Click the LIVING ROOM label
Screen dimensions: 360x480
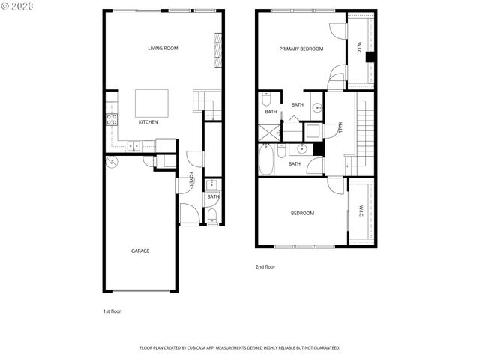click(x=163, y=49)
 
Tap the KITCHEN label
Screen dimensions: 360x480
click(x=148, y=122)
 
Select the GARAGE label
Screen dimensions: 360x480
click(x=140, y=250)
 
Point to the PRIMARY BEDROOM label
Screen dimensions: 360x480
click(x=301, y=49)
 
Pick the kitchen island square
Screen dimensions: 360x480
click(x=151, y=100)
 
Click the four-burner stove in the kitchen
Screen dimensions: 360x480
click(x=112, y=118)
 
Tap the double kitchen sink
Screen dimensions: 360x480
click(x=133, y=145)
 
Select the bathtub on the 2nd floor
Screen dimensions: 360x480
click(x=267, y=159)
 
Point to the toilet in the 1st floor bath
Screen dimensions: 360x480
click(x=212, y=217)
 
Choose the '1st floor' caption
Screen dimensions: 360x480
click(x=111, y=310)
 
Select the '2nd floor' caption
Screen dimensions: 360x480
click(x=266, y=266)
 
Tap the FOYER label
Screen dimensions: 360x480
click(x=192, y=181)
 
